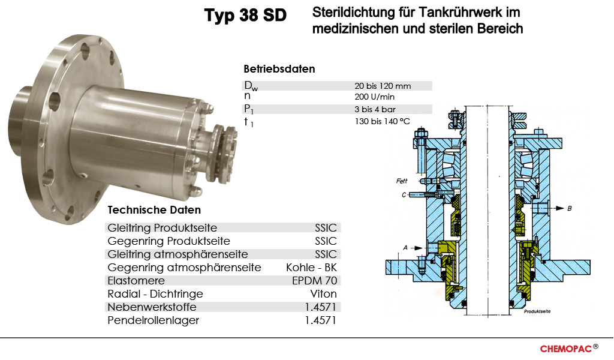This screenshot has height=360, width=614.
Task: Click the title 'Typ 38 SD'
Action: point(245,16)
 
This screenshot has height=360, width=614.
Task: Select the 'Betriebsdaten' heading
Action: point(279,69)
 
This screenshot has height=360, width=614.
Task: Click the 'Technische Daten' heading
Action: point(154,210)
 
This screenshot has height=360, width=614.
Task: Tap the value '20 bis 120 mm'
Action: point(383,86)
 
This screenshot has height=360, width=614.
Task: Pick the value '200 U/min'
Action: point(374,97)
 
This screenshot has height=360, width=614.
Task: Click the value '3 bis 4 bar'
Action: point(375,109)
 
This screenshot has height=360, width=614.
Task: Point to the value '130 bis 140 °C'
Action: point(382,121)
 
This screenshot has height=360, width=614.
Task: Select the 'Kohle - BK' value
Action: point(311,268)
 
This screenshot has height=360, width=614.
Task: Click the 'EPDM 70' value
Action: point(314,281)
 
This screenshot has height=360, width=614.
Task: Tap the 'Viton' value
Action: point(323,294)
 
